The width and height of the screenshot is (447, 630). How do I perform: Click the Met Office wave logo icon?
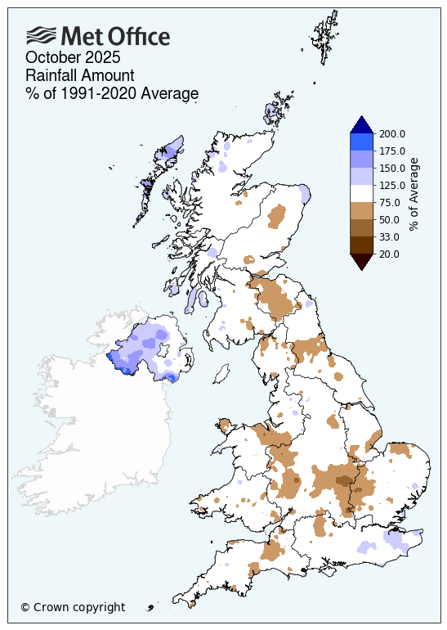41,35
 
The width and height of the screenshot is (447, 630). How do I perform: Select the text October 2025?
73,57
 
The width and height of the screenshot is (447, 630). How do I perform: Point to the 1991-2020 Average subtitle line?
112,93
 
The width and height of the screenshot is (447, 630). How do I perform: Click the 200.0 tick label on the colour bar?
393,134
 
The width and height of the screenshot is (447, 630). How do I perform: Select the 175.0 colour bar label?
393,151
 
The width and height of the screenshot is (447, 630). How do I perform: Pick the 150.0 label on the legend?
393,169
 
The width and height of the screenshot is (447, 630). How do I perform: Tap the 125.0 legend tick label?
393,186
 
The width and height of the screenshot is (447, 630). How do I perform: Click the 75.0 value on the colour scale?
391,203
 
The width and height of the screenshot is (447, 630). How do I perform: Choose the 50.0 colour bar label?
391,220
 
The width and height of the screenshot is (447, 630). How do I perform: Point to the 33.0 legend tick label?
391,237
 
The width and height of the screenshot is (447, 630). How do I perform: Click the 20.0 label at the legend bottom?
391,254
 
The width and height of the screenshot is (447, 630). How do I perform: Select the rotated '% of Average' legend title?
414,195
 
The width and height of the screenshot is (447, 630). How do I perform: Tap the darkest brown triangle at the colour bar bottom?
361,261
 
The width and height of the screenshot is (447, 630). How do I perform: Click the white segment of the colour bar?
361,194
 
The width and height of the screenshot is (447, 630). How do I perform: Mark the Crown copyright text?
73,607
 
